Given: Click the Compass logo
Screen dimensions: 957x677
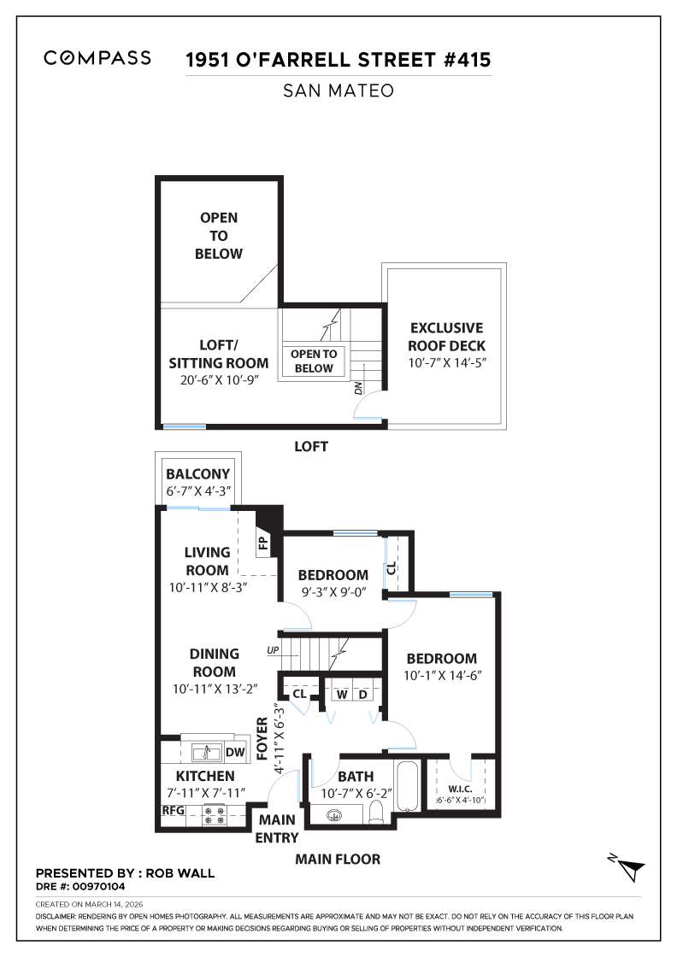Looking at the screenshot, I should [97, 58].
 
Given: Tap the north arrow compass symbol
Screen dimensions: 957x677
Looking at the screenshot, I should [630, 869].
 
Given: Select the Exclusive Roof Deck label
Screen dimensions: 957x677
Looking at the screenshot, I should [446, 337].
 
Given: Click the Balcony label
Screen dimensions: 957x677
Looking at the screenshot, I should [198, 474].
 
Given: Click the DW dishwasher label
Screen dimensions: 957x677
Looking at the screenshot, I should [234, 753].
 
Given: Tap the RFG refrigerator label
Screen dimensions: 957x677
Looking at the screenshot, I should [174, 810].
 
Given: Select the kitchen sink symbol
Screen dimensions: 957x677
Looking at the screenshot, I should [206, 753].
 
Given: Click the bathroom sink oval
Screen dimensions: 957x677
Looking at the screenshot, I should [333, 814].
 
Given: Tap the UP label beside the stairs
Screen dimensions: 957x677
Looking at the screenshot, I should [273, 650].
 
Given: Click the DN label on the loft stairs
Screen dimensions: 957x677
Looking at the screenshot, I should [358, 389].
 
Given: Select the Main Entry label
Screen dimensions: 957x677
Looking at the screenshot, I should [276, 829].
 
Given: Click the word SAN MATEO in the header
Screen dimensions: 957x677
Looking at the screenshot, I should [338, 91].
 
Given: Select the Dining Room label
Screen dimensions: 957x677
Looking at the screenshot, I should [213, 663].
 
